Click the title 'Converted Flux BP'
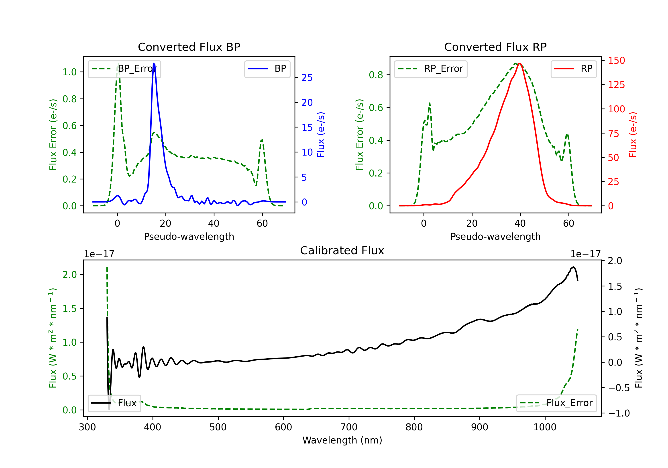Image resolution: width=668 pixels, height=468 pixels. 189,47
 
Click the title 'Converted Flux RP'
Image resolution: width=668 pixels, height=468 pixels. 495,47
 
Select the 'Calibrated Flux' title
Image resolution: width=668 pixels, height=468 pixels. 342,250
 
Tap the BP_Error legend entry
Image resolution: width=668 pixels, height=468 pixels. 124,69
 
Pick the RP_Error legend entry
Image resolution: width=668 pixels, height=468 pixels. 431,69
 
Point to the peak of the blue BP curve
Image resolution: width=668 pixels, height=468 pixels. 154,63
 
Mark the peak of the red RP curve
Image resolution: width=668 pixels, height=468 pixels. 520,63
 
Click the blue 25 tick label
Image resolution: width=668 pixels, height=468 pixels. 307,78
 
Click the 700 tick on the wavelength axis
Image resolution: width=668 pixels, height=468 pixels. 349,427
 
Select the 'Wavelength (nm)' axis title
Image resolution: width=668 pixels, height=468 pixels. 342,440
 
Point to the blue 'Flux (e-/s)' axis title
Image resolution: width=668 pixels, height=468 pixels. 321,135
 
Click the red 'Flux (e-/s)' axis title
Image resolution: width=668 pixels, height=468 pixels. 633,135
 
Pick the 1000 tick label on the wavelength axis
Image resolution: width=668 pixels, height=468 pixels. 545,427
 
